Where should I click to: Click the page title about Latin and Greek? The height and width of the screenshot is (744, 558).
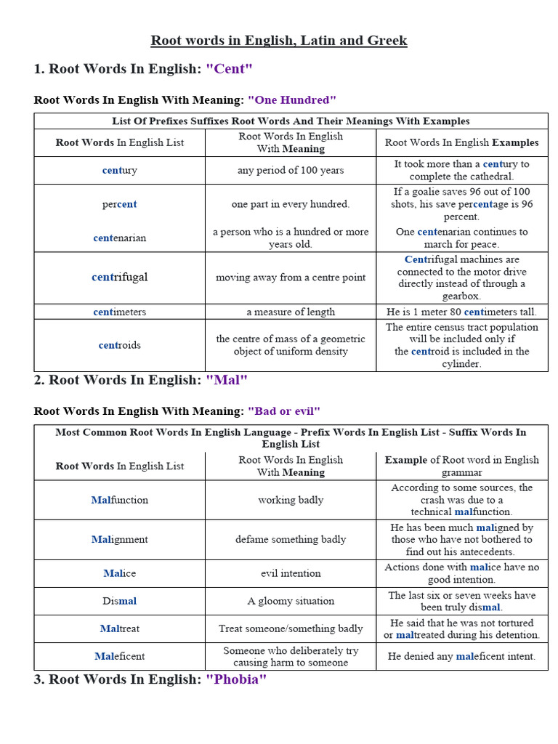pyautogui.click(x=279, y=41)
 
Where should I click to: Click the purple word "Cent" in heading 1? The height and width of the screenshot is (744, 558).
pyautogui.click(x=229, y=69)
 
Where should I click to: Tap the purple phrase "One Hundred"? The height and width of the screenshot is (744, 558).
pyautogui.click(x=292, y=100)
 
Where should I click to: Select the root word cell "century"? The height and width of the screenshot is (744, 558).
pyautogui.click(x=120, y=170)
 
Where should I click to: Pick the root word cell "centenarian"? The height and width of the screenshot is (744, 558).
pyautogui.click(x=120, y=238)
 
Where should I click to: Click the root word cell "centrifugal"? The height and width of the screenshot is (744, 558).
pyautogui.click(x=120, y=277)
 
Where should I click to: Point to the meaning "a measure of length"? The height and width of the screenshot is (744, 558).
pyautogui.click(x=291, y=312)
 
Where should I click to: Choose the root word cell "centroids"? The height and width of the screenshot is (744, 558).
pyautogui.click(x=120, y=345)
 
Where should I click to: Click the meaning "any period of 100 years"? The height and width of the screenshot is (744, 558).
pyautogui.click(x=291, y=170)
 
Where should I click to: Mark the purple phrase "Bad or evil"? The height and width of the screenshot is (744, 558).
pyautogui.click(x=284, y=411)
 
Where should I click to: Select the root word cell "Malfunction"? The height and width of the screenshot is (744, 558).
pyautogui.click(x=120, y=500)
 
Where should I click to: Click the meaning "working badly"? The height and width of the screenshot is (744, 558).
pyautogui.click(x=291, y=500)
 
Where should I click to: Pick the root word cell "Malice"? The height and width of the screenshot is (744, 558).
pyautogui.click(x=120, y=573)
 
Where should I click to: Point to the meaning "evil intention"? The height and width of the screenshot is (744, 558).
pyautogui.click(x=291, y=573)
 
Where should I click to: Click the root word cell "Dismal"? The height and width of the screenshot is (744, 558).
pyautogui.click(x=120, y=601)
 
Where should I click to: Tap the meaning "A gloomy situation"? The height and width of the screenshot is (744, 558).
pyautogui.click(x=291, y=601)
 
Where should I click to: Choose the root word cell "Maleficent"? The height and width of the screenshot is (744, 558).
pyautogui.click(x=120, y=656)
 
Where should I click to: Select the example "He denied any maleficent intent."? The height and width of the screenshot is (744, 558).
pyautogui.click(x=461, y=656)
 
